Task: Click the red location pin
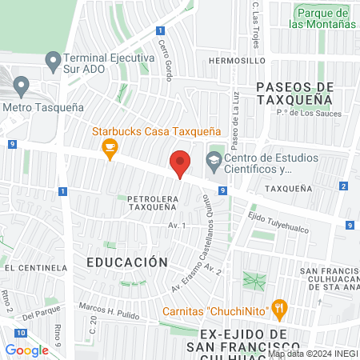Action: pyautogui.click(x=181, y=164)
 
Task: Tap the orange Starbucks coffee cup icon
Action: pyautogui.click(x=110, y=146)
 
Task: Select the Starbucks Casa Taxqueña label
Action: pyautogui.click(x=156, y=130)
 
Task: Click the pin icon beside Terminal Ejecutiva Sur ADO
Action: pyautogui.click(x=53, y=60)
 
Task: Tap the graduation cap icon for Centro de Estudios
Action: pyautogui.click(x=214, y=160)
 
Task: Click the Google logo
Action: pyautogui.click(x=26, y=350)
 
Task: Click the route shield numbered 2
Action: pyautogui.click(x=343, y=186)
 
